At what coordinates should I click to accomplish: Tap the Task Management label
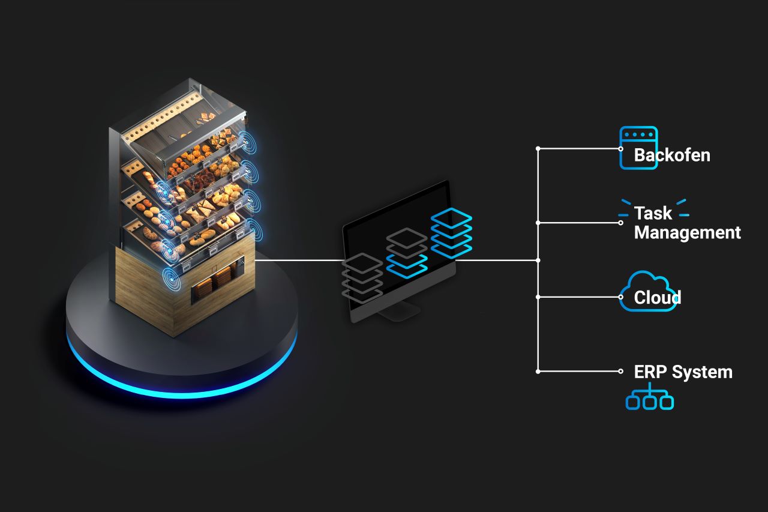pos(686,223)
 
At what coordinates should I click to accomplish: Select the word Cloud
pos(657,298)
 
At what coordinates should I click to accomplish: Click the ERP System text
pos(683,372)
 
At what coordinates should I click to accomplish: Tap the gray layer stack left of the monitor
pos(362,277)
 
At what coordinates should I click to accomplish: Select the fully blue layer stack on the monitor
pos(452,233)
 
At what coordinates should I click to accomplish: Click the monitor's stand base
pos(395,312)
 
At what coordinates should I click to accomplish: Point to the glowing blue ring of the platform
pos(180,390)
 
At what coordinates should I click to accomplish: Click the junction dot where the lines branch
pos(538,261)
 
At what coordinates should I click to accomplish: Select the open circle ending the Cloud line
pos(621,297)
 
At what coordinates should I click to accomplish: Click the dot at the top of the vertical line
pos(538,148)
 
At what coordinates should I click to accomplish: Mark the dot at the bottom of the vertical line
pos(538,372)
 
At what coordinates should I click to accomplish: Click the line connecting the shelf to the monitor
pos(300,261)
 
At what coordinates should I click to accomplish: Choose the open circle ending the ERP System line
pos(621,372)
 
